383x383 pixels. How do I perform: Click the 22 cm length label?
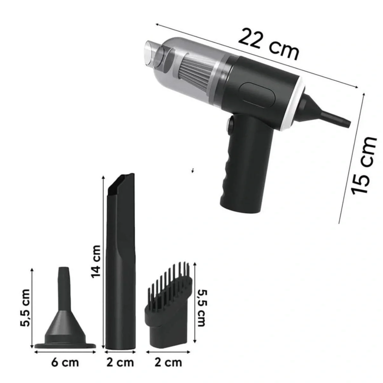click(x=269, y=45)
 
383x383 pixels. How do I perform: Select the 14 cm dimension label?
click(x=96, y=261)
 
